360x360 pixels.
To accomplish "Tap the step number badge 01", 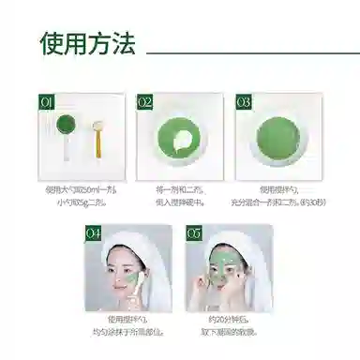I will click(47, 100).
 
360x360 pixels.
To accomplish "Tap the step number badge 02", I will click(145, 100).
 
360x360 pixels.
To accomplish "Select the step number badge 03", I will click(244, 100).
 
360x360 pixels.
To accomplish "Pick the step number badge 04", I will click(93, 232).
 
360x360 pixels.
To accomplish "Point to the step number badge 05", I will click(193, 232).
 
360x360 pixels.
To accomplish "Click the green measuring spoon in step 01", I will click(67, 126).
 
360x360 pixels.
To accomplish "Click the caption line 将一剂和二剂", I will click(181, 189).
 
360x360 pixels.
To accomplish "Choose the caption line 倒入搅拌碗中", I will click(181, 200).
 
